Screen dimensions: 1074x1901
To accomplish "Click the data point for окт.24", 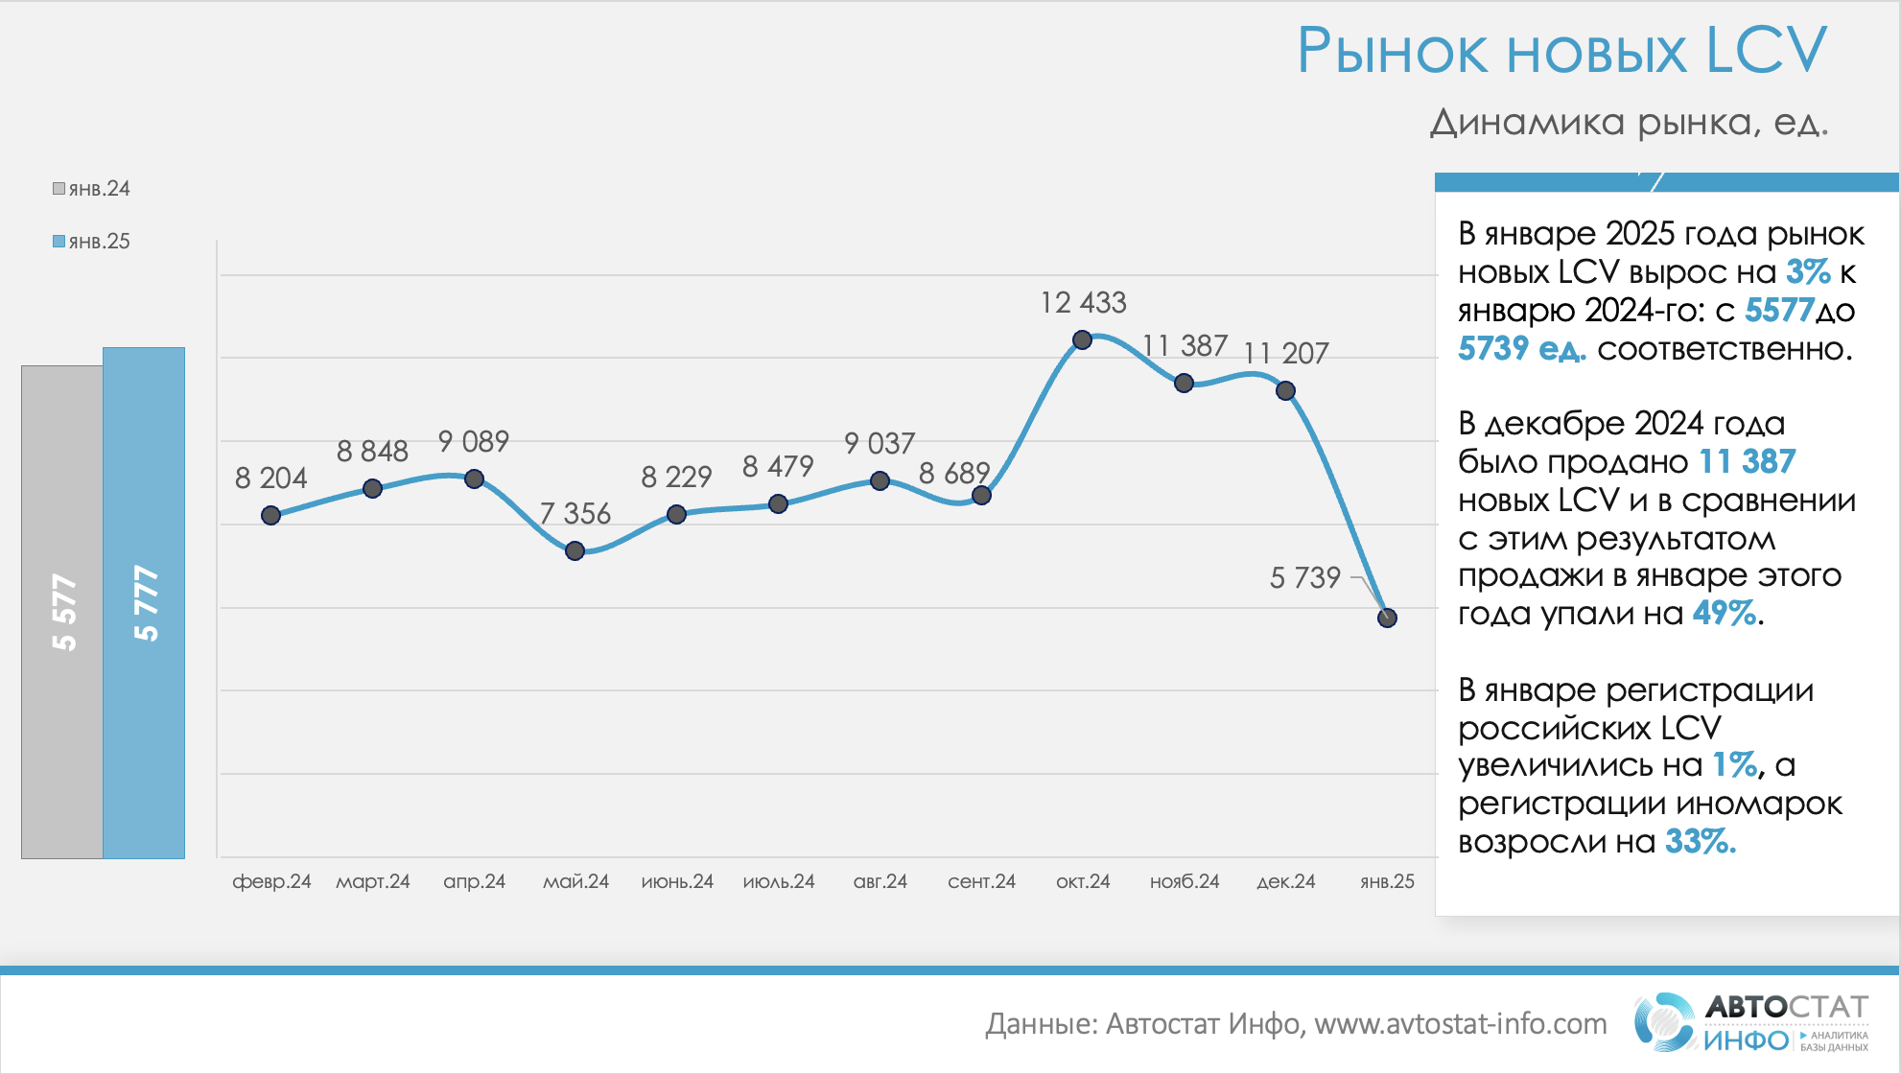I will [x=1082, y=339].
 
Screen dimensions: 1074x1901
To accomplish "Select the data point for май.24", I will [x=575, y=550].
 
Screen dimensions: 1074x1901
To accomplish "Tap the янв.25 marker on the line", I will [x=1387, y=618].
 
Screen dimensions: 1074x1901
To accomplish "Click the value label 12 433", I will [x=1083, y=303].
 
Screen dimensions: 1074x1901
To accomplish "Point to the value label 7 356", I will [x=575, y=514].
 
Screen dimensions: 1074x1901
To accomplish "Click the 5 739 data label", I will [x=1304, y=577].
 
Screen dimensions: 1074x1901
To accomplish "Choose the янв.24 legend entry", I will [x=92, y=189].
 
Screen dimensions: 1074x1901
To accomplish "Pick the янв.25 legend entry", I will [x=92, y=242].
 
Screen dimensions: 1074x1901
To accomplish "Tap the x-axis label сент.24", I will [x=981, y=881].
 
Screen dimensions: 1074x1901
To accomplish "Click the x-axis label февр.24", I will [x=271, y=881].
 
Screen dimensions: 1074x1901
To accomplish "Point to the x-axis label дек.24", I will [x=1285, y=881].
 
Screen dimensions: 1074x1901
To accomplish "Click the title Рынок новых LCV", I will [x=1561, y=51].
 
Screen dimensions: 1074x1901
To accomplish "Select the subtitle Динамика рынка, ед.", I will [x=1629, y=123].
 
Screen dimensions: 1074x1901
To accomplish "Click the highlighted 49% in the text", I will [x=1725, y=613].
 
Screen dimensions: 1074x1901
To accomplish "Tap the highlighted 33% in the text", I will [x=1699, y=842].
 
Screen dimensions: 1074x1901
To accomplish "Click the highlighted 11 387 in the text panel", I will [x=1747, y=462].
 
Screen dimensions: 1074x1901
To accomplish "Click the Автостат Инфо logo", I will [x=1751, y=1022].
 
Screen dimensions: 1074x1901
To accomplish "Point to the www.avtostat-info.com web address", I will [x=1460, y=1024].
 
